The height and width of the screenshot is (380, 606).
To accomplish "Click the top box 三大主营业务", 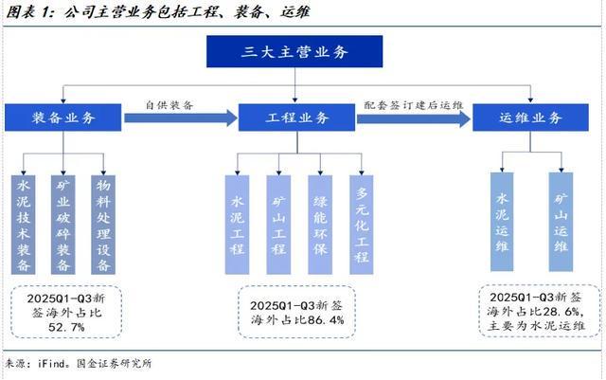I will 294,52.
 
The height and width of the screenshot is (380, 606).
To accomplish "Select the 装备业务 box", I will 63,118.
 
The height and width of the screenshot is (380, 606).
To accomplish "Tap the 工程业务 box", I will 295,118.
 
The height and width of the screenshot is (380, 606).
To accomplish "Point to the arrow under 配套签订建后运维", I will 413,118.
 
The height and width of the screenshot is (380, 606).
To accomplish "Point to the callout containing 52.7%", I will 65,311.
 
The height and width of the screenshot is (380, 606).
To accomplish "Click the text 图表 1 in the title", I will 26,12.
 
